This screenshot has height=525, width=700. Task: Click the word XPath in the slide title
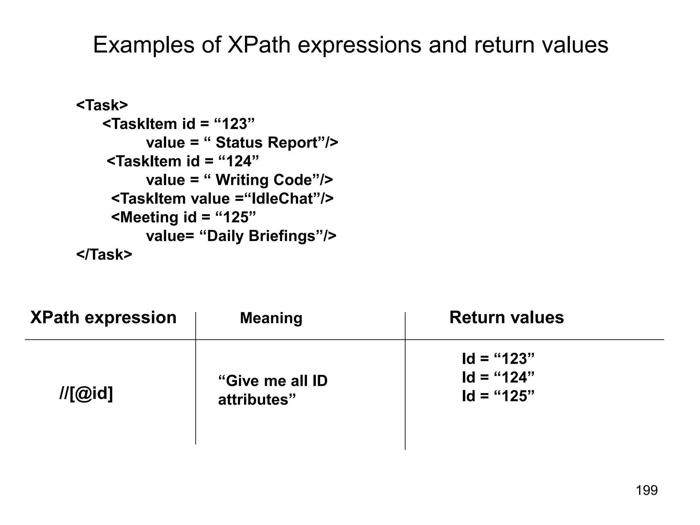259,45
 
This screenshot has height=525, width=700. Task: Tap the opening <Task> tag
102,105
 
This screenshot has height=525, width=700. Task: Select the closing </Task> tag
104,255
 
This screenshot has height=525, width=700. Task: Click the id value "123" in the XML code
234,124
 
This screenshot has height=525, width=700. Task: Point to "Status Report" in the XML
267,143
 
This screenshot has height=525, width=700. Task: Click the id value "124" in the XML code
238,161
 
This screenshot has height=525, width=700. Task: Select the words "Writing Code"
264,180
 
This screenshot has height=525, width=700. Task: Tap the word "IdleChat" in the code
282,199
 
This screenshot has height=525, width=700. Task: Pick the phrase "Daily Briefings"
261,236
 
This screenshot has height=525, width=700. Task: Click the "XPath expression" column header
103,318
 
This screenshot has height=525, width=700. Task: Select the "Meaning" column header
271,318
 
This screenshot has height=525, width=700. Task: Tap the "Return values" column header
507,318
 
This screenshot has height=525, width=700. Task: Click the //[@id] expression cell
86,394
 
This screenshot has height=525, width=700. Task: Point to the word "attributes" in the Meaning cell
254,400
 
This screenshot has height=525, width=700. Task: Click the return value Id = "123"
498,359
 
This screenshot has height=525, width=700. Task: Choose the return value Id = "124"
498,378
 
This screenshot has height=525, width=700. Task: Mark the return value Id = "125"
498,396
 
